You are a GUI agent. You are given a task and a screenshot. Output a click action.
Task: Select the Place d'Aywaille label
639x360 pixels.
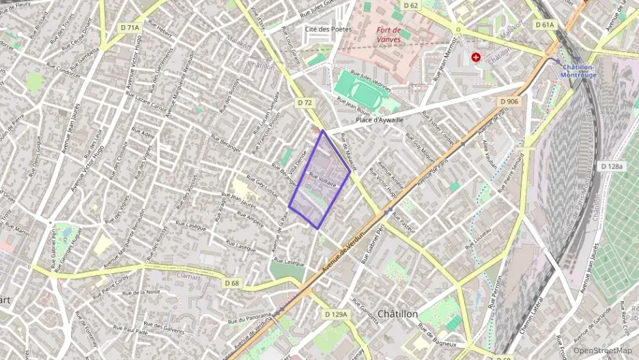tap(379, 120)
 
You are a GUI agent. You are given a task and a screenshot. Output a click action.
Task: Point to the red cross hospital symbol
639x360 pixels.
tap(476, 58)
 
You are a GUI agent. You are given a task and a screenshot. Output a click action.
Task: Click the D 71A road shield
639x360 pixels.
tap(129, 27)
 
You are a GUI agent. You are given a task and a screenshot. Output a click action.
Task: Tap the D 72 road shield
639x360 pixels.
tap(304, 102)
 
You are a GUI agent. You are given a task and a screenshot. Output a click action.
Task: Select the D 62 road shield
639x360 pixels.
tap(410, 5)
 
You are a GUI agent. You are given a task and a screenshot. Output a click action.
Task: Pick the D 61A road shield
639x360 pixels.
tap(545, 25)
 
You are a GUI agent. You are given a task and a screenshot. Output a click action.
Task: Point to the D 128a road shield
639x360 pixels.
tap(612, 166)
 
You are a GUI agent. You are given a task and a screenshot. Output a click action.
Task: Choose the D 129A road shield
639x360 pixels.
tap(335, 314)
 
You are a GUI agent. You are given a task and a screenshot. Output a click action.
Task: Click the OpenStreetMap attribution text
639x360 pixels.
tap(602, 350)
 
